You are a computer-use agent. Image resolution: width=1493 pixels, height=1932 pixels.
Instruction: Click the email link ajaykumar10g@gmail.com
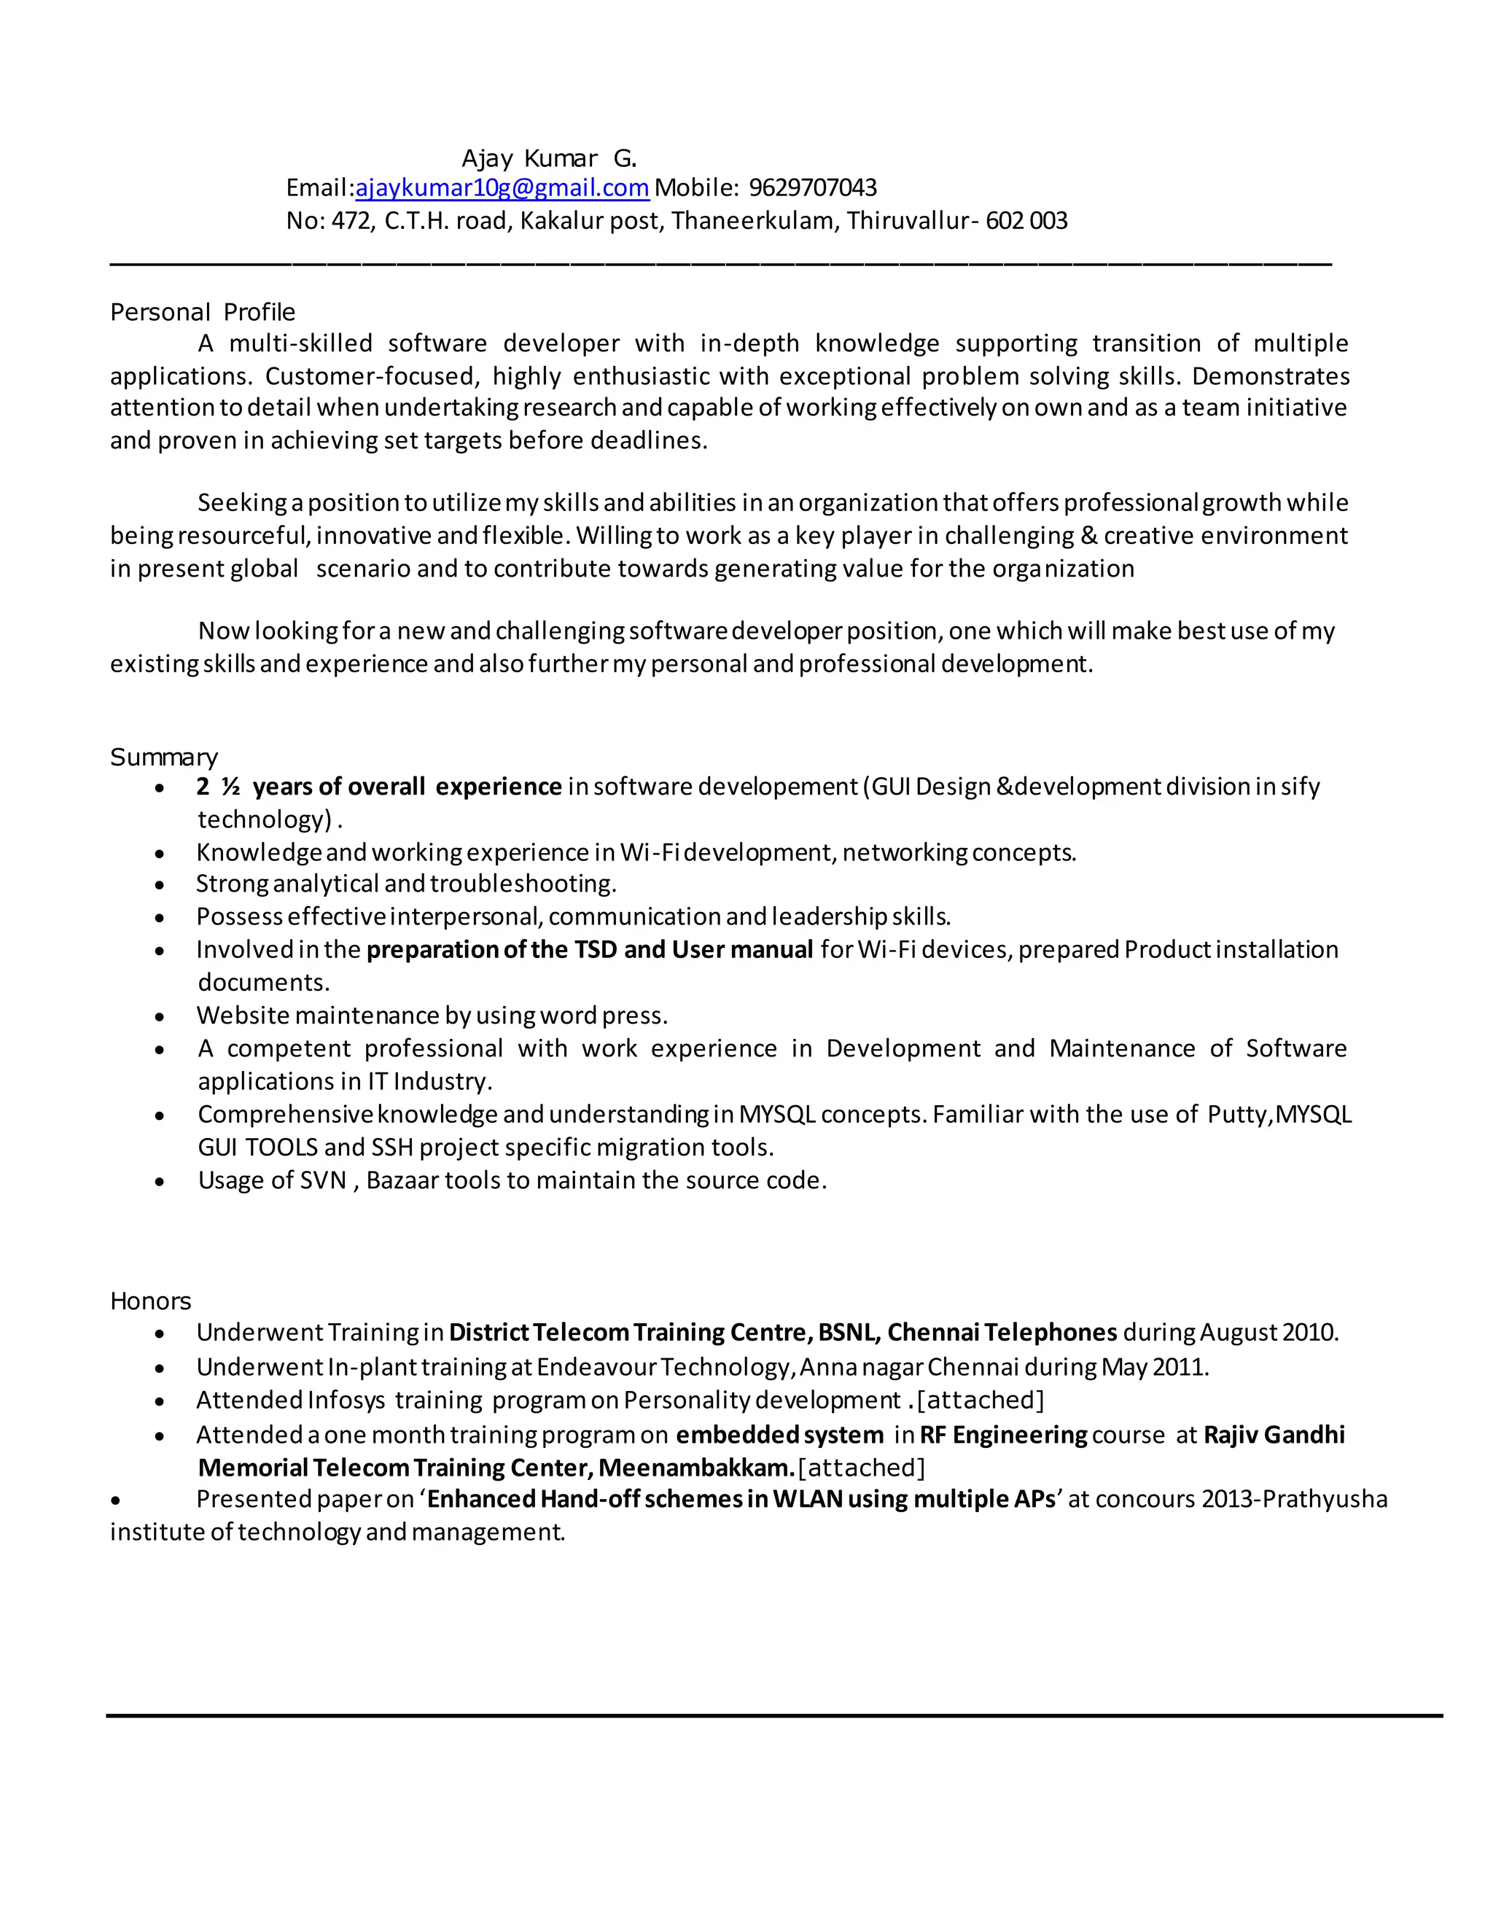pos(502,188)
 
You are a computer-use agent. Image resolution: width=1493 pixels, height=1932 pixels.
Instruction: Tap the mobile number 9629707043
pos(812,188)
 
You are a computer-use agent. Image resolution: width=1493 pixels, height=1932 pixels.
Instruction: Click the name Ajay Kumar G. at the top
pos(548,159)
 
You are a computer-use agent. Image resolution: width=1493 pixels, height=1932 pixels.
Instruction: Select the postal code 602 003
pos(1026,221)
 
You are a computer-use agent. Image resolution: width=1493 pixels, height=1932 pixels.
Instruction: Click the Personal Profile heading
pos(203,312)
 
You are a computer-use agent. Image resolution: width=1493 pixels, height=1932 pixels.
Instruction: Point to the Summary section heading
pos(163,757)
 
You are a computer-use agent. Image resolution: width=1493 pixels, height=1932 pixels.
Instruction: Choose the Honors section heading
pos(150,1301)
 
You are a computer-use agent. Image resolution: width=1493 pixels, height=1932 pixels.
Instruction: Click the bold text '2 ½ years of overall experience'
pos(378,787)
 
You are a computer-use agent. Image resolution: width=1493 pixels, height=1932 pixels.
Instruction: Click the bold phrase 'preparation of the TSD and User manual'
pos(589,950)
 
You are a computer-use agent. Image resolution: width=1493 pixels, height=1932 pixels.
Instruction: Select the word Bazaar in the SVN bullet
pos(402,1181)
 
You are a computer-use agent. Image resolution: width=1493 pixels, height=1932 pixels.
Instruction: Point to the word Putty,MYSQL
pos(1279,1115)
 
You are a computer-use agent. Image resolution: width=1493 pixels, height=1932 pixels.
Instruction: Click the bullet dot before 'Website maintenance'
pos(159,1017)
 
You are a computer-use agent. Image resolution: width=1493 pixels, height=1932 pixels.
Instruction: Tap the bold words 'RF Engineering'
pos(1003,1435)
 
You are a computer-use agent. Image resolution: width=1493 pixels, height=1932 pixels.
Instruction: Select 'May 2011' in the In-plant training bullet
pos(1154,1368)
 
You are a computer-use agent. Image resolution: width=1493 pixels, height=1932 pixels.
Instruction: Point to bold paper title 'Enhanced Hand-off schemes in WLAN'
pos(634,1500)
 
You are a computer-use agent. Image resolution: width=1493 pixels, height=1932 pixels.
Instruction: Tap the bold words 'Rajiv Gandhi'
pos(1274,1435)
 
